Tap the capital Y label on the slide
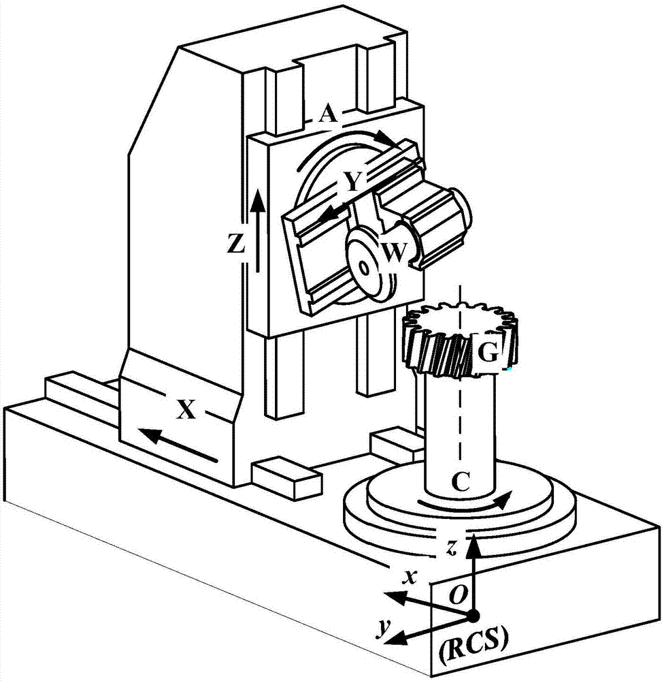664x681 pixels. (x=353, y=182)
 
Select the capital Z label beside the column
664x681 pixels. (x=236, y=245)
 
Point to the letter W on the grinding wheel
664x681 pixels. (x=395, y=253)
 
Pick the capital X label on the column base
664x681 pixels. (x=186, y=409)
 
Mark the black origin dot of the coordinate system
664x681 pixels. (x=473, y=616)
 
